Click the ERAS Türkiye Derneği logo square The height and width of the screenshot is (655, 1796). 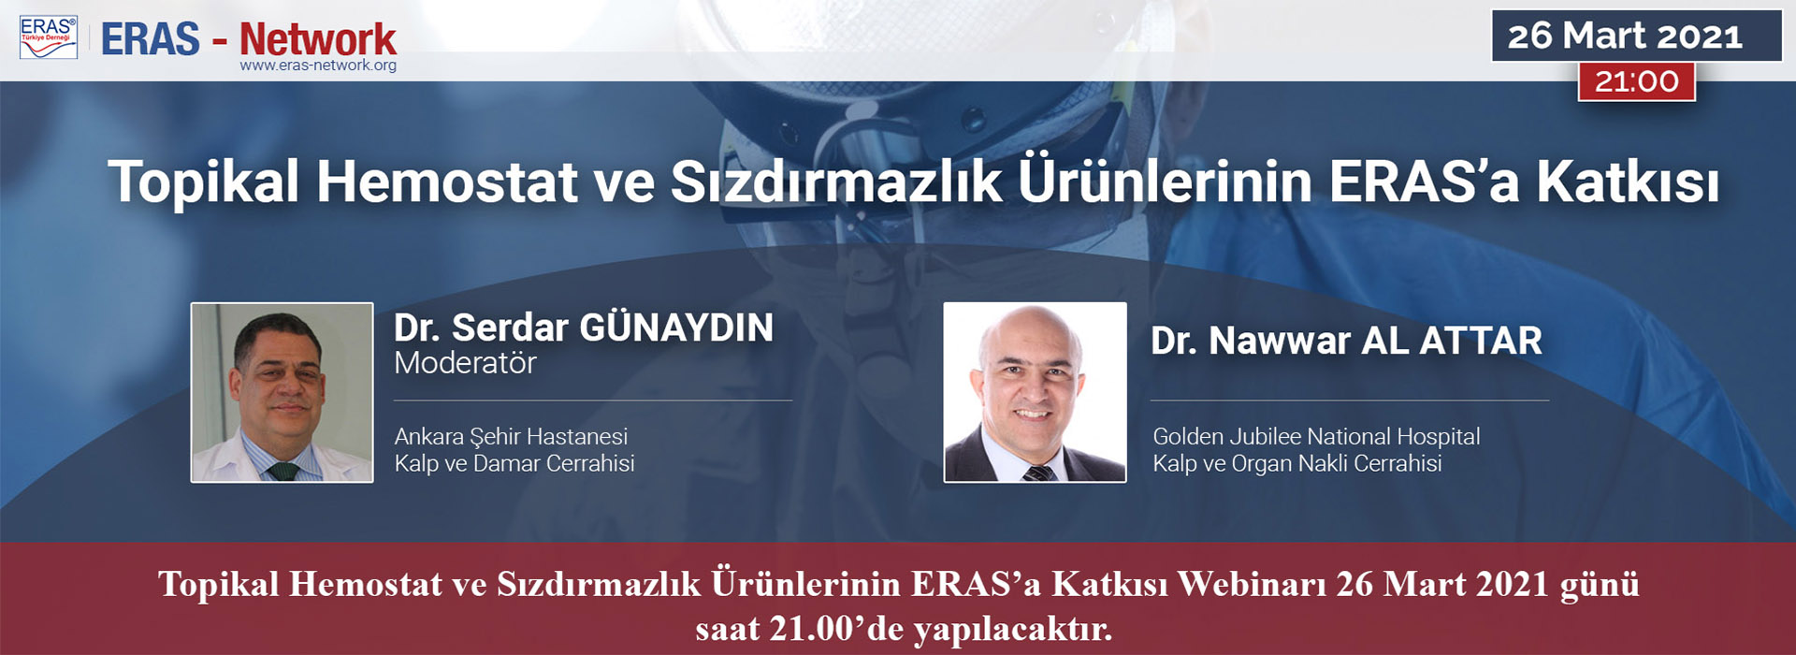(49, 37)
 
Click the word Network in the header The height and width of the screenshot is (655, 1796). (318, 39)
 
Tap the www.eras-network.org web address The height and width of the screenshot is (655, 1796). (318, 65)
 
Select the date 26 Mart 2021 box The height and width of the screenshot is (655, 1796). (1636, 36)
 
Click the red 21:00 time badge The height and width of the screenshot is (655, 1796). (1636, 81)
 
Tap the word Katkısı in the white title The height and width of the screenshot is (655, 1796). (1628, 182)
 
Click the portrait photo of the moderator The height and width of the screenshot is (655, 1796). (282, 392)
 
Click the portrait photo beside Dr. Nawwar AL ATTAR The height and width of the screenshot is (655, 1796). (1035, 392)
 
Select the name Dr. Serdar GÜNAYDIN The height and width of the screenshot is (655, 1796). (584, 328)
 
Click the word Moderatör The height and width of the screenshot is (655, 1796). (465, 363)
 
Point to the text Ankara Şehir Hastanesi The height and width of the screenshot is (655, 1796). (511, 437)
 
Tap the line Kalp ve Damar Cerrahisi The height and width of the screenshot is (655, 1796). (514, 463)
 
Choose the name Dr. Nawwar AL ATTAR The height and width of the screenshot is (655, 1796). (1346, 341)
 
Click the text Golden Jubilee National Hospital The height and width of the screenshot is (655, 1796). (1316, 436)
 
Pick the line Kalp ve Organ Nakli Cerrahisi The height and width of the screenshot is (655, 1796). (1296, 463)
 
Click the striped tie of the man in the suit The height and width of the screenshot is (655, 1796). (1038, 473)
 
